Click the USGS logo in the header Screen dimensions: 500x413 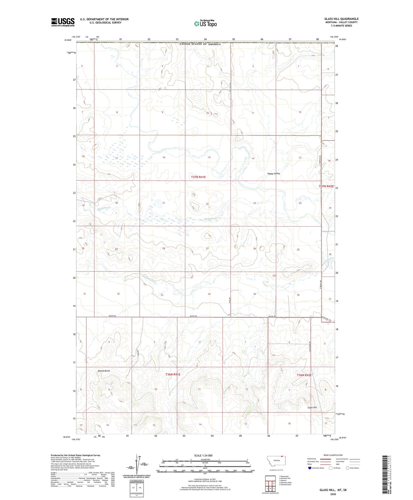(x=63, y=22)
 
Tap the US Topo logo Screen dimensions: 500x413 (x=205, y=23)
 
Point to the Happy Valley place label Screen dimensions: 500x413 (x=274, y=174)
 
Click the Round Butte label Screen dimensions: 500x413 (x=104, y=371)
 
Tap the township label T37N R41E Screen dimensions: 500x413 (x=198, y=177)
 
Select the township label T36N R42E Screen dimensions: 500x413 (x=304, y=375)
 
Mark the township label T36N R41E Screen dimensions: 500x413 (x=173, y=375)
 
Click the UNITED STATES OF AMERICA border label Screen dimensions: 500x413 (x=200, y=44)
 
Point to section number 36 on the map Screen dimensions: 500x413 (x=298, y=295)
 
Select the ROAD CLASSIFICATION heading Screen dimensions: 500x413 (x=333, y=455)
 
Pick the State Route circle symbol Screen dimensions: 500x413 (x=348, y=468)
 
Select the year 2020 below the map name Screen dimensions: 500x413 (x=333, y=494)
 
